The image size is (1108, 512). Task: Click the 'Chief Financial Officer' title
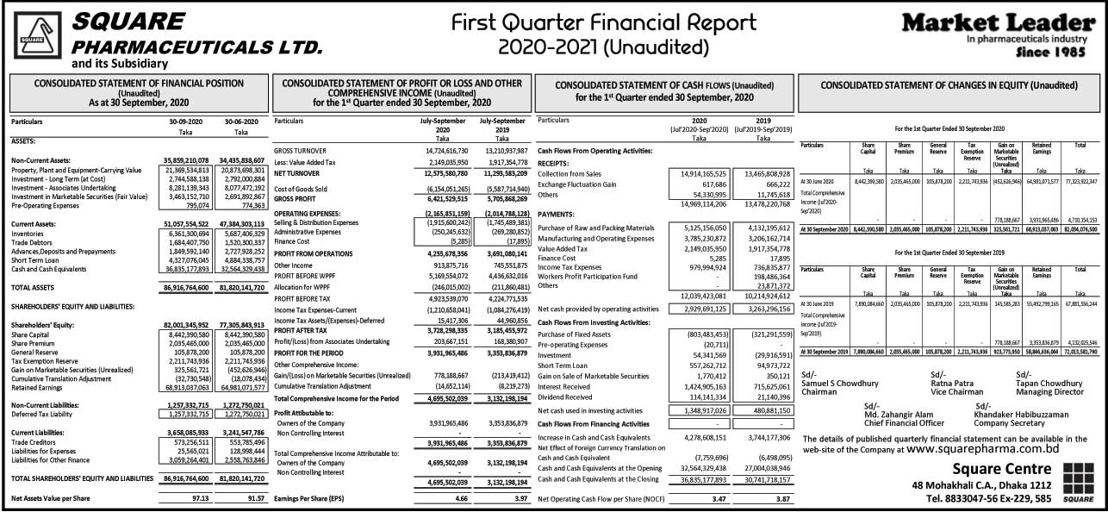coord(905,423)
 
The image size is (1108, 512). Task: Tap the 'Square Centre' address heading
coord(1001,469)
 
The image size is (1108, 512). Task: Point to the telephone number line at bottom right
coord(988,498)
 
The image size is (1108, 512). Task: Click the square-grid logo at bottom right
coord(1079,480)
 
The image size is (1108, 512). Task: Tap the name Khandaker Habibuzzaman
coord(1021,415)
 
